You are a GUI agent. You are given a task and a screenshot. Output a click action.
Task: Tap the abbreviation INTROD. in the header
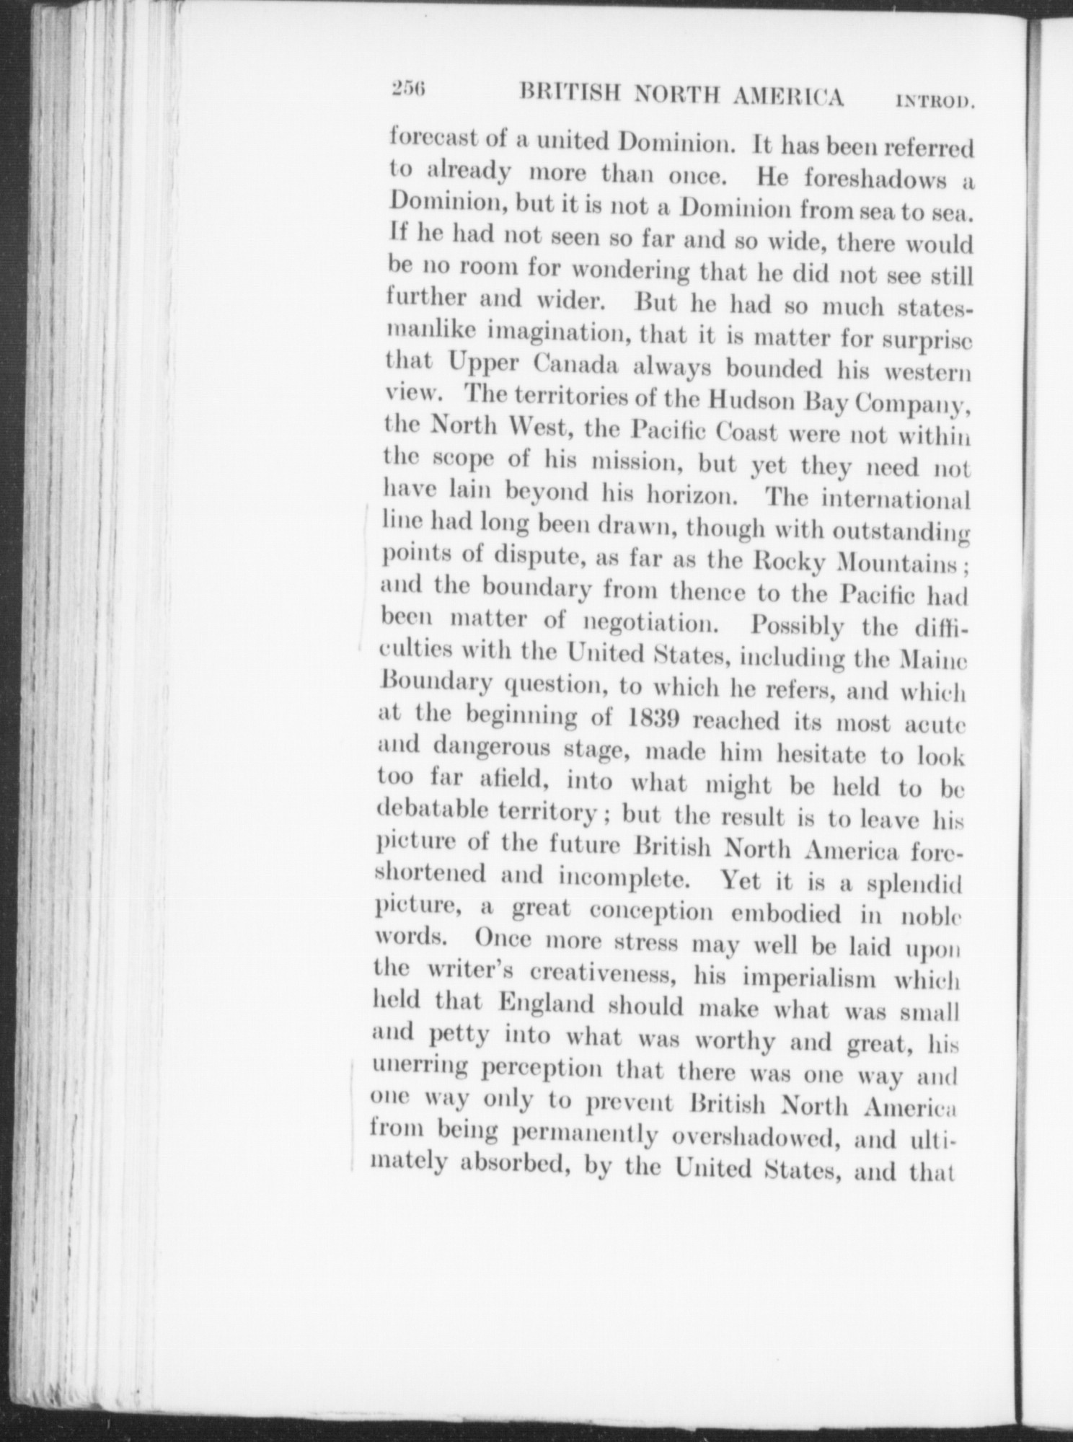click(x=935, y=101)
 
